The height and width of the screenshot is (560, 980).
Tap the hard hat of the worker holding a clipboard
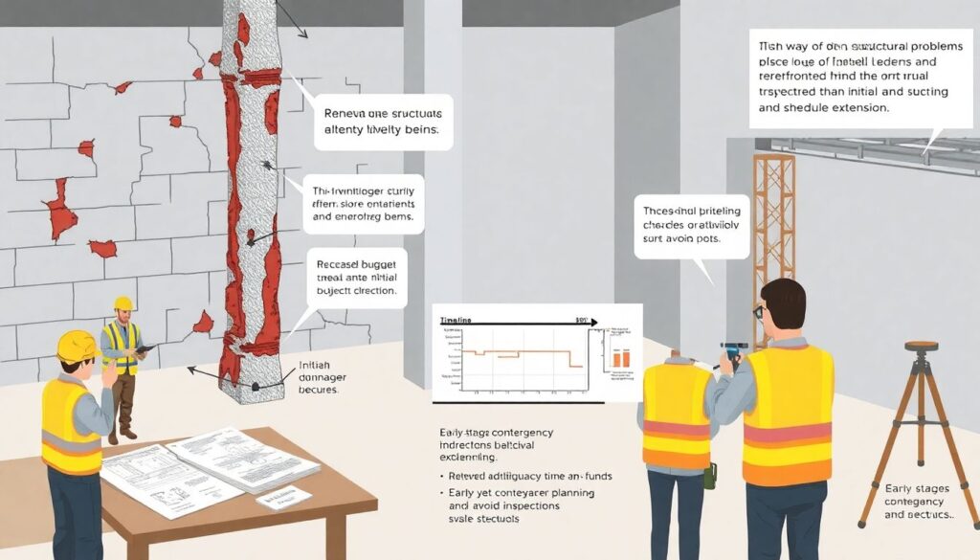click(x=122, y=304)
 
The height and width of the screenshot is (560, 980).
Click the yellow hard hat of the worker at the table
click(x=76, y=346)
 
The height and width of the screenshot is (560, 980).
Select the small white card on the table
click(x=284, y=497)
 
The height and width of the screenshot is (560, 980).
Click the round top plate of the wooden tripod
click(x=921, y=347)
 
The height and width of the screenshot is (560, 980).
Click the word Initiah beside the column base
click(x=317, y=366)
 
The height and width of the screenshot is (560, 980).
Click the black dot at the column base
click(x=256, y=387)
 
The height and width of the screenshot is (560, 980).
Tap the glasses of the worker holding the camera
click(x=758, y=311)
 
